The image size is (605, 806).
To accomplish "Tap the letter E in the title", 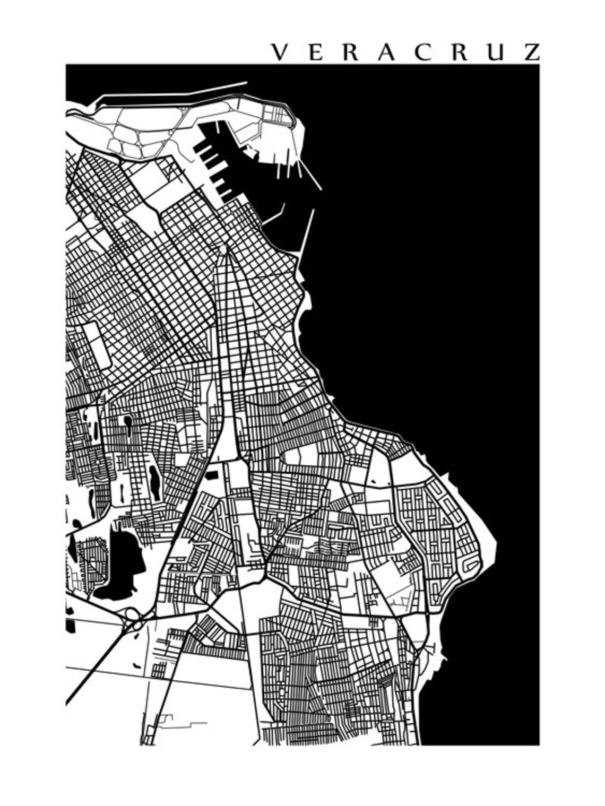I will pos(315,52).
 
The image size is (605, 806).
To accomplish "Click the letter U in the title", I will pos(496,52).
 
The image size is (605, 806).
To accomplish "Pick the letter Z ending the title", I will pos(531,52).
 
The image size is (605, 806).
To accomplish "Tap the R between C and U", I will pos(460,52).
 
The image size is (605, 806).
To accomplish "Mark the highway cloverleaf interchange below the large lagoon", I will pos(133,618).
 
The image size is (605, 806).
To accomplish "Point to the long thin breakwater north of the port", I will pos(175,91).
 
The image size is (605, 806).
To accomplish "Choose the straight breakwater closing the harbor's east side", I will pos(306,233).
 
